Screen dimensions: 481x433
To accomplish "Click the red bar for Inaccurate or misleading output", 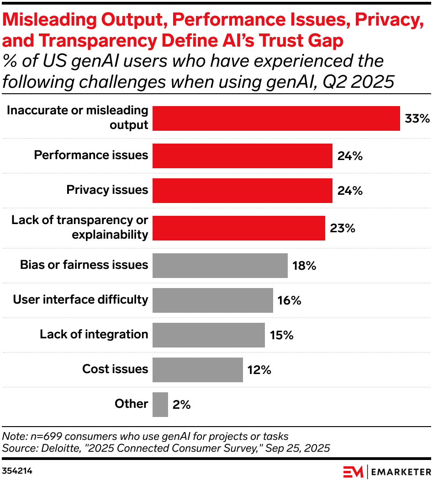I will point(276,118).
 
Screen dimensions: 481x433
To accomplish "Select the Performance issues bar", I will point(242,155).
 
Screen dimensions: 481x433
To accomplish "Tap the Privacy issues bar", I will point(242,190).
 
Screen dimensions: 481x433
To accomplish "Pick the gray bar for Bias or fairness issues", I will point(220,265).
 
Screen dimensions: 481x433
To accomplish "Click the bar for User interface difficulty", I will point(212,300).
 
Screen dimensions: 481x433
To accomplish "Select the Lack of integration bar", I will point(208,335).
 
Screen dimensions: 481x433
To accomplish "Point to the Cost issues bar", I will point(197,369).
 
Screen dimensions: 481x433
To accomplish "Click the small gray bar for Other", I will point(160,404).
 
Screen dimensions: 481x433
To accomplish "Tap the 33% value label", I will point(417,119).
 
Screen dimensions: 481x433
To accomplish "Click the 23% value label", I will point(342,228).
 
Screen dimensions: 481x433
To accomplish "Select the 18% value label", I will point(305,266).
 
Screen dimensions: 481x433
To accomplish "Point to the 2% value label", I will point(181,405).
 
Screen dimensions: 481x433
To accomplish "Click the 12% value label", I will point(259,370).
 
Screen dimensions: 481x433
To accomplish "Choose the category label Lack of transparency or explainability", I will point(80,227).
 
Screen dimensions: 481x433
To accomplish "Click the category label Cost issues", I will point(115,369).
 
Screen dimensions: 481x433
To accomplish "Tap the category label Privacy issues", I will point(107,190).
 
